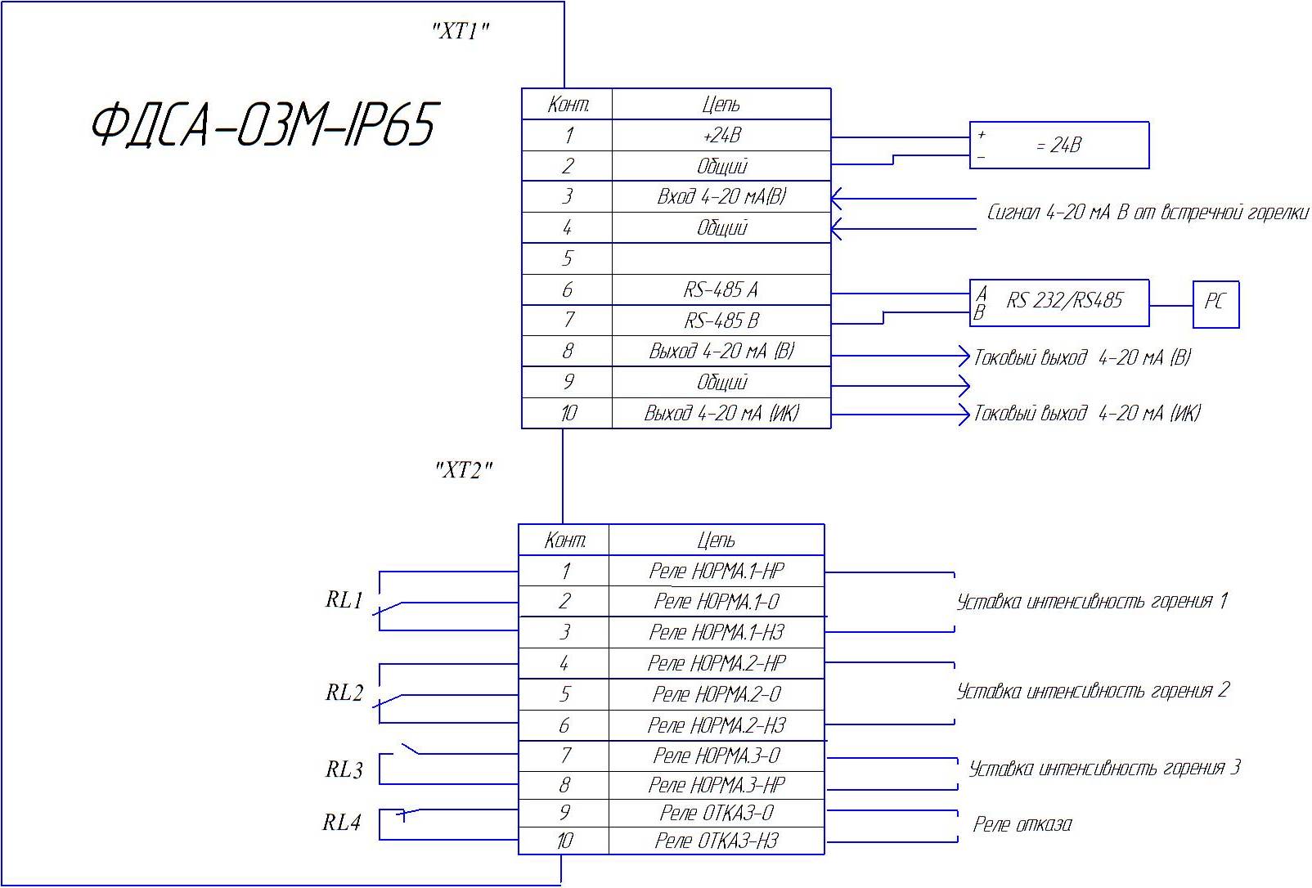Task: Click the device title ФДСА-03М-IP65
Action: click(262, 126)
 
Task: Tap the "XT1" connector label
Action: click(461, 32)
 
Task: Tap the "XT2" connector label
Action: click(464, 470)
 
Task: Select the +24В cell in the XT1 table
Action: click(721, 136)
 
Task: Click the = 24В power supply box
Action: click(1059, 146)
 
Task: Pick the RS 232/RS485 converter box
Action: click(1060, 302)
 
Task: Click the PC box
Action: click(1215, 303)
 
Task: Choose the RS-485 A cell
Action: click(721, 290)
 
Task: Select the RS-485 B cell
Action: click(721, 321)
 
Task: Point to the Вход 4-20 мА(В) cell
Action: click(721, 197)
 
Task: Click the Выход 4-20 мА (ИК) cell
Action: click(721, 414)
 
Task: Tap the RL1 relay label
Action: click(344, 601)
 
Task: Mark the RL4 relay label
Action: click(342, 823)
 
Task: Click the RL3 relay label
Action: click(344, 770)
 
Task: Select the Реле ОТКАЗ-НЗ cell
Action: click(717, 841)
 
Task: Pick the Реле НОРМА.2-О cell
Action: click(717, 695)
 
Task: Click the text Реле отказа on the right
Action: click(1022, 824)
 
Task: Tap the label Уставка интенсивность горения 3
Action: click(1104, 769)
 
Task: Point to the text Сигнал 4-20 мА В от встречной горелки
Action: click(1147, 213)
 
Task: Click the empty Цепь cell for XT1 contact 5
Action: click(721, 259)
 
